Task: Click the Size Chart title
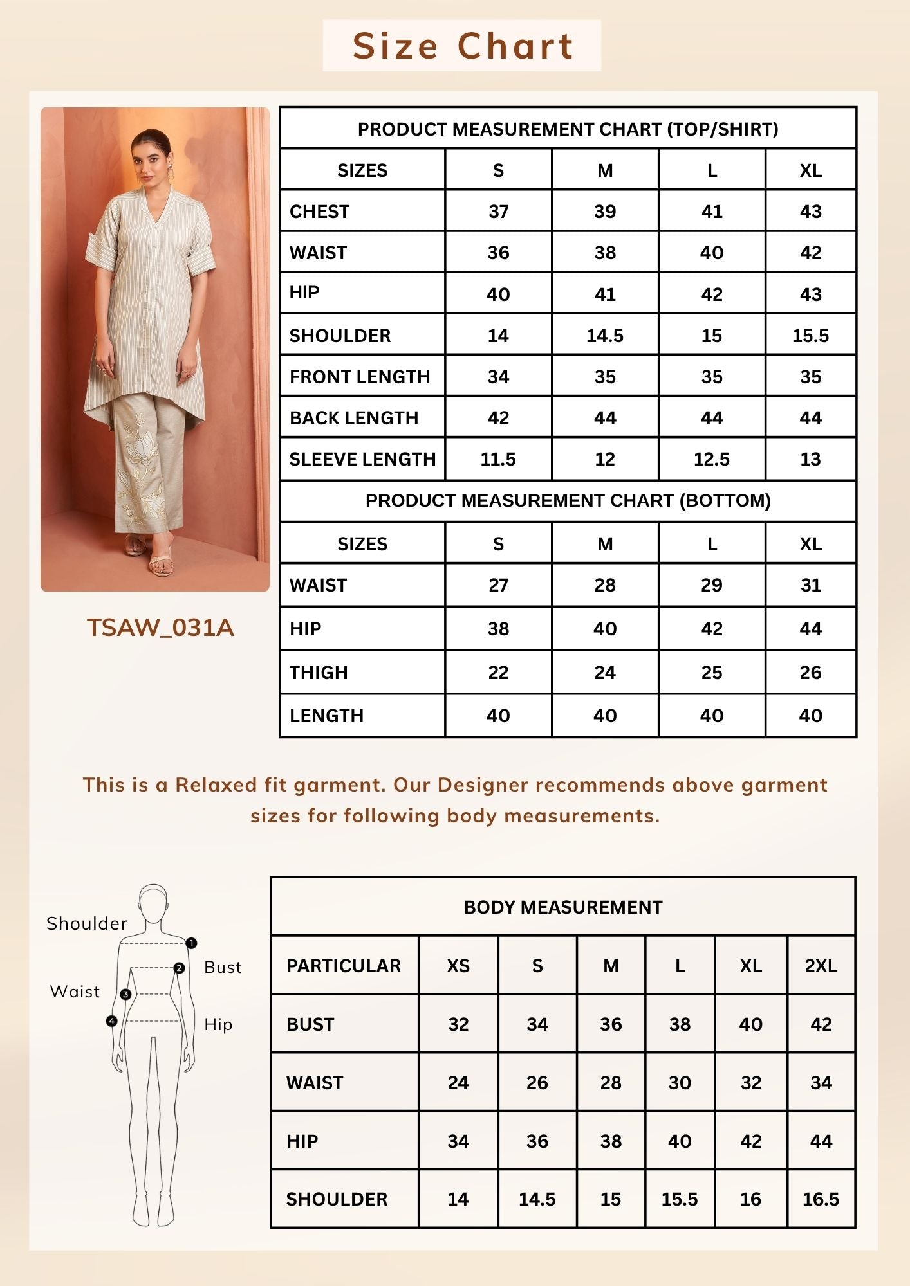tap(462, 46)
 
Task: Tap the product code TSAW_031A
tap(160, 628)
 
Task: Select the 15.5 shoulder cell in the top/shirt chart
tap(810, 336)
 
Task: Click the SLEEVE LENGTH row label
tap(362, 459)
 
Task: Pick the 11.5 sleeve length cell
tap(498, 459)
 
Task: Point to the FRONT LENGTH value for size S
tap(498, 377)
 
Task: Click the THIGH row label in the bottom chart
tap(319, 673)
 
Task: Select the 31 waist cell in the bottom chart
tap(810, 585)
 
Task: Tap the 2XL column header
tap(821, 966)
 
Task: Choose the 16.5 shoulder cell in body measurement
tap(821, 1199)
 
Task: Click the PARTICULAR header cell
tap(344, 966)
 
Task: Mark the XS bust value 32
tap(458, 1024)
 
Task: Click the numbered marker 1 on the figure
tap(191, 943)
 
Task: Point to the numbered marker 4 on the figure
tap(112, 1020)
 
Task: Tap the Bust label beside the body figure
tap(223, 967)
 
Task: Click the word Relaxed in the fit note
tap(216, 785)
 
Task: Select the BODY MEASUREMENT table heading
tap(563, 907)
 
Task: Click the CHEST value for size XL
tap(810, 212)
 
